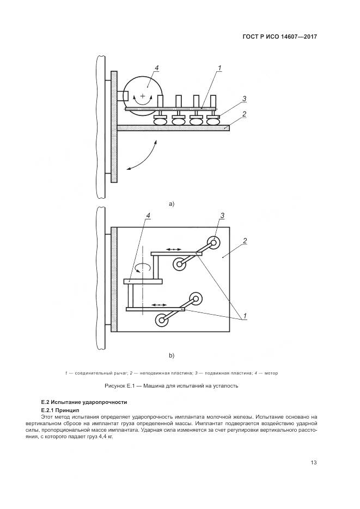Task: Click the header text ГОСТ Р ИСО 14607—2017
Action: coord(279,36)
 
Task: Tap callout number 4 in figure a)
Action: coord(156,68)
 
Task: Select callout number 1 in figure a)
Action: coord(219,68)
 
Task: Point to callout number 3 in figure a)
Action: coord(245,99)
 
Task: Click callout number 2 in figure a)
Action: coord(245,114)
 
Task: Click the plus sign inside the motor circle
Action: coord(143,96)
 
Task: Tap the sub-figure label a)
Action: coord(171,204)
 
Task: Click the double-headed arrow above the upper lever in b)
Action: coord(174,249)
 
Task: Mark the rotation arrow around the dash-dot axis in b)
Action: coord(143,267)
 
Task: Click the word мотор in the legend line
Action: coord(272,373)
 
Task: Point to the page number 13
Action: coord(313,463)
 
